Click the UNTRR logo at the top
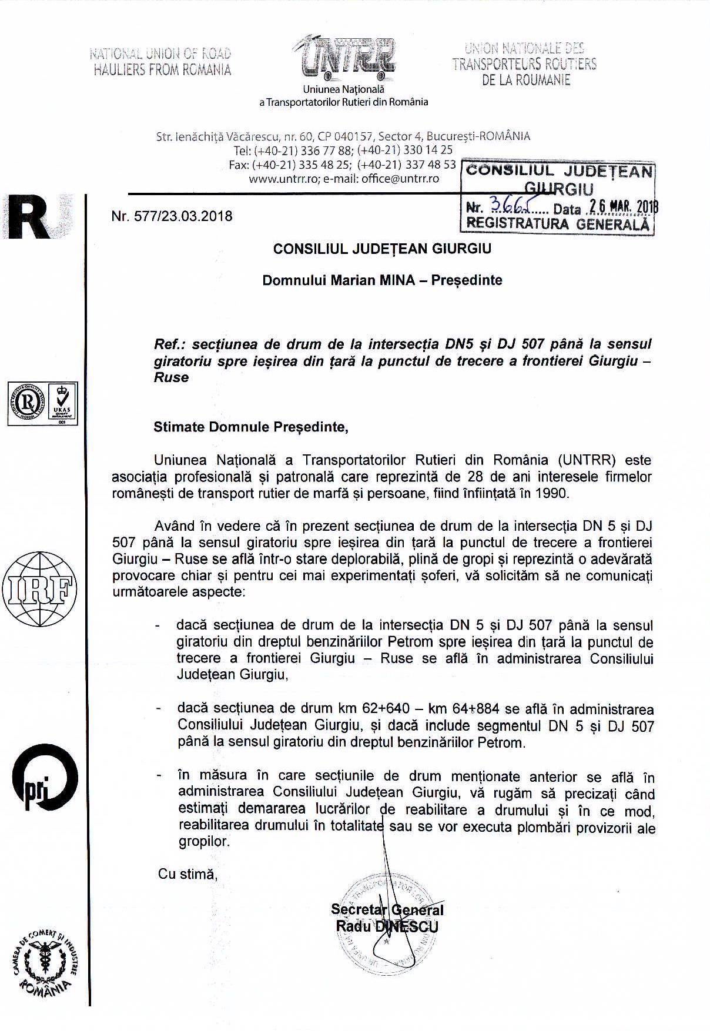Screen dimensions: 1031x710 [x=347, y=59]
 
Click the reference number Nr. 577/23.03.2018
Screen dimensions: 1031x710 [x=172, y=216]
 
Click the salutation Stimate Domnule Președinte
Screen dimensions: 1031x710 [x=251, y=427]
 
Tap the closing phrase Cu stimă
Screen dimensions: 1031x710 [x=187, y=873]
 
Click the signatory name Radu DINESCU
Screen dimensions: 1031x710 [x=387, y=926]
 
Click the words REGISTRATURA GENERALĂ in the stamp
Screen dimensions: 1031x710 [x=558, y=224]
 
